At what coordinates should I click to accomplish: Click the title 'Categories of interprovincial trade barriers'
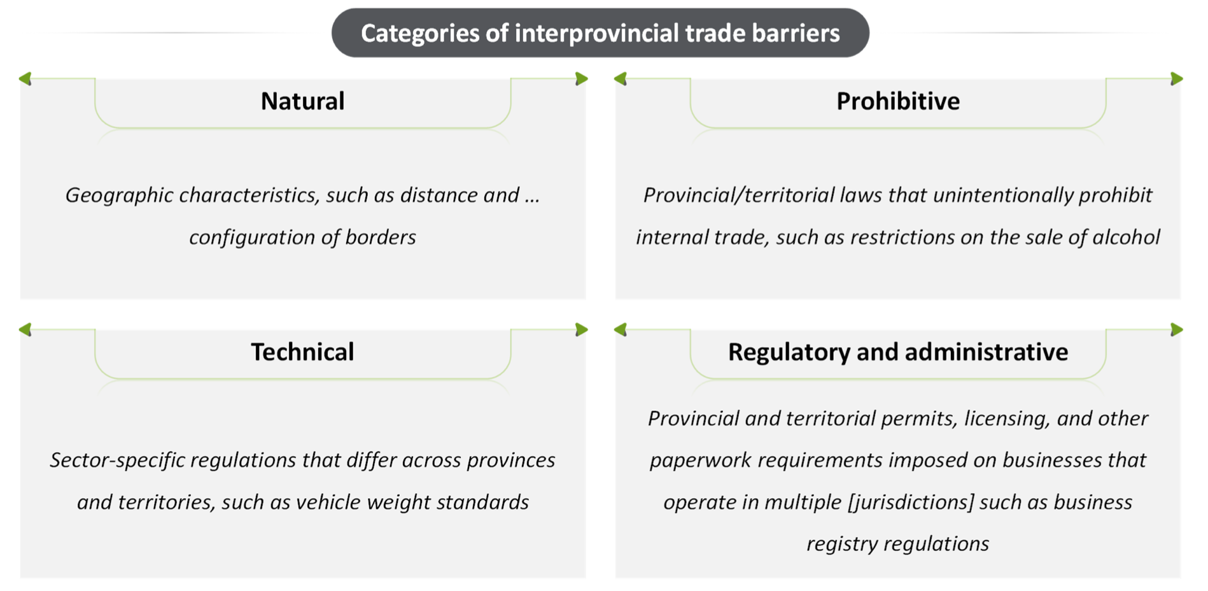click(x=600, y=33)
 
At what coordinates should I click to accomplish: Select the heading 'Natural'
click(x=302, y=101)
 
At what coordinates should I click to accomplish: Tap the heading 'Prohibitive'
click(x=897, y=101)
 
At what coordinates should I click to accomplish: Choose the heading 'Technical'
click(x=302, y=352)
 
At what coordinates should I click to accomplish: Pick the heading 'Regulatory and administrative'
click(x=897, y=352)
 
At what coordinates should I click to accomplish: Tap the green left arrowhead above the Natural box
click(x=25, y=79)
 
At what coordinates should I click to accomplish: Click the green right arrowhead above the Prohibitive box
click(x=1176, y=79)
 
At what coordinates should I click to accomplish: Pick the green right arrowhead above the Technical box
click(x=581, y=330)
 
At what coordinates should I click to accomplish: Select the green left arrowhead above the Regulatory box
click(x=621, y=330)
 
